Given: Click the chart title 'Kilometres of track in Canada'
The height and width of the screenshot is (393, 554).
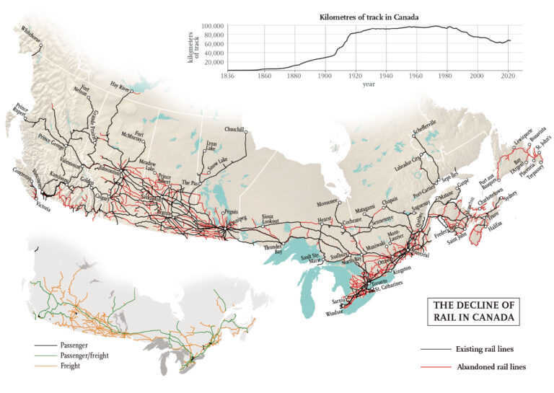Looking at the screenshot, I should (x=369, y=16).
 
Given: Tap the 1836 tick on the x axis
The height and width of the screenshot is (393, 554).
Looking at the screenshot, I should (x=228, y=75).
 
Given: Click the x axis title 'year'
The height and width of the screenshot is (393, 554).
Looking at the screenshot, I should (x=369, y=83).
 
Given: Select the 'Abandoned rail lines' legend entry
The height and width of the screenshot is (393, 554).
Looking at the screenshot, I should (x=491, y=367).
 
